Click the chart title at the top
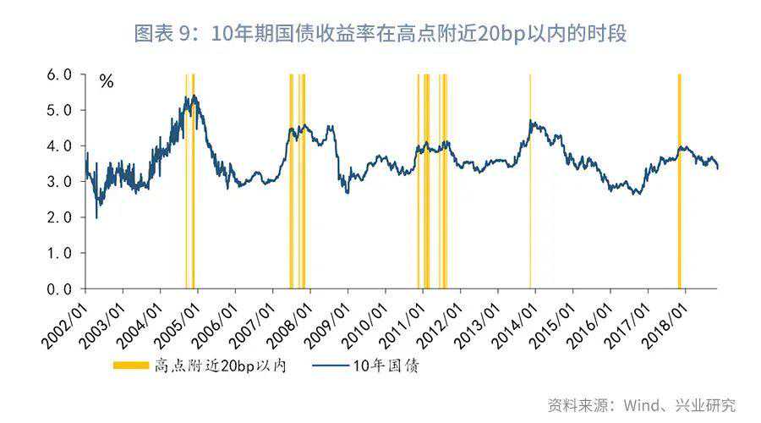tap(380, 34)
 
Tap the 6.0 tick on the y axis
tap(59, 74)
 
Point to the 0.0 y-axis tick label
tap(59, 289)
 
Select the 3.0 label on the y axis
tap(59, 182)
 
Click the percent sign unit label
tap(107, 81)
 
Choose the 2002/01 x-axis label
tap(64, 326)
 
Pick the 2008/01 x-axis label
tap(289, 326)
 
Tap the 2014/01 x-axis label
tap(514, 326)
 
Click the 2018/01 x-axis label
tap(665, 326)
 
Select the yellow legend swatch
tap(131, 365)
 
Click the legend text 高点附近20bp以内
tap(221, 365)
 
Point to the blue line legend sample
tap(330, 365)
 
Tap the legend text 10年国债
tap(386, 365)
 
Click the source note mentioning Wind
tap(642, 405)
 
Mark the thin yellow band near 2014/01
tap(530, 181)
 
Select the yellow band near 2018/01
tap(680, 181)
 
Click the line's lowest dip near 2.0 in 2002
tap(96, 217)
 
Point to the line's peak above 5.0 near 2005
tap(194, 96)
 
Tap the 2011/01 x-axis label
tap(402, 326)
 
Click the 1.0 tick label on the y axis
tap(59, 253)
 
